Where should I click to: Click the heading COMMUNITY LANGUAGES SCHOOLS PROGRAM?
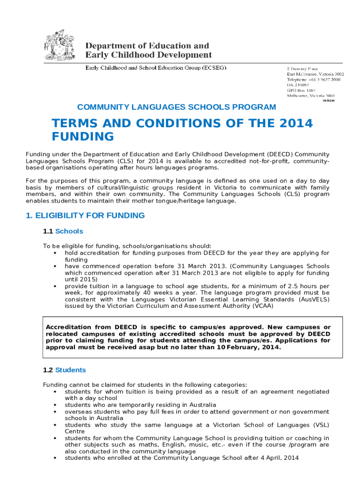(177, 107)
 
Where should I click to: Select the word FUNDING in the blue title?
(82, 137)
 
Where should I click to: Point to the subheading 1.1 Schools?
(63, 231)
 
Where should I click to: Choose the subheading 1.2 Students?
(64, 370)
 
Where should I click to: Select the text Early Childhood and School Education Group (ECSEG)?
(155, 68)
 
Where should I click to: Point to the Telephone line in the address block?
(313, 80)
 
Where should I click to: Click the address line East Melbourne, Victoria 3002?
(315, 74)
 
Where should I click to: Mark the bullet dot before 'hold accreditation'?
(55, 253)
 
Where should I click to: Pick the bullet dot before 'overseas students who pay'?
(55, 412)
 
